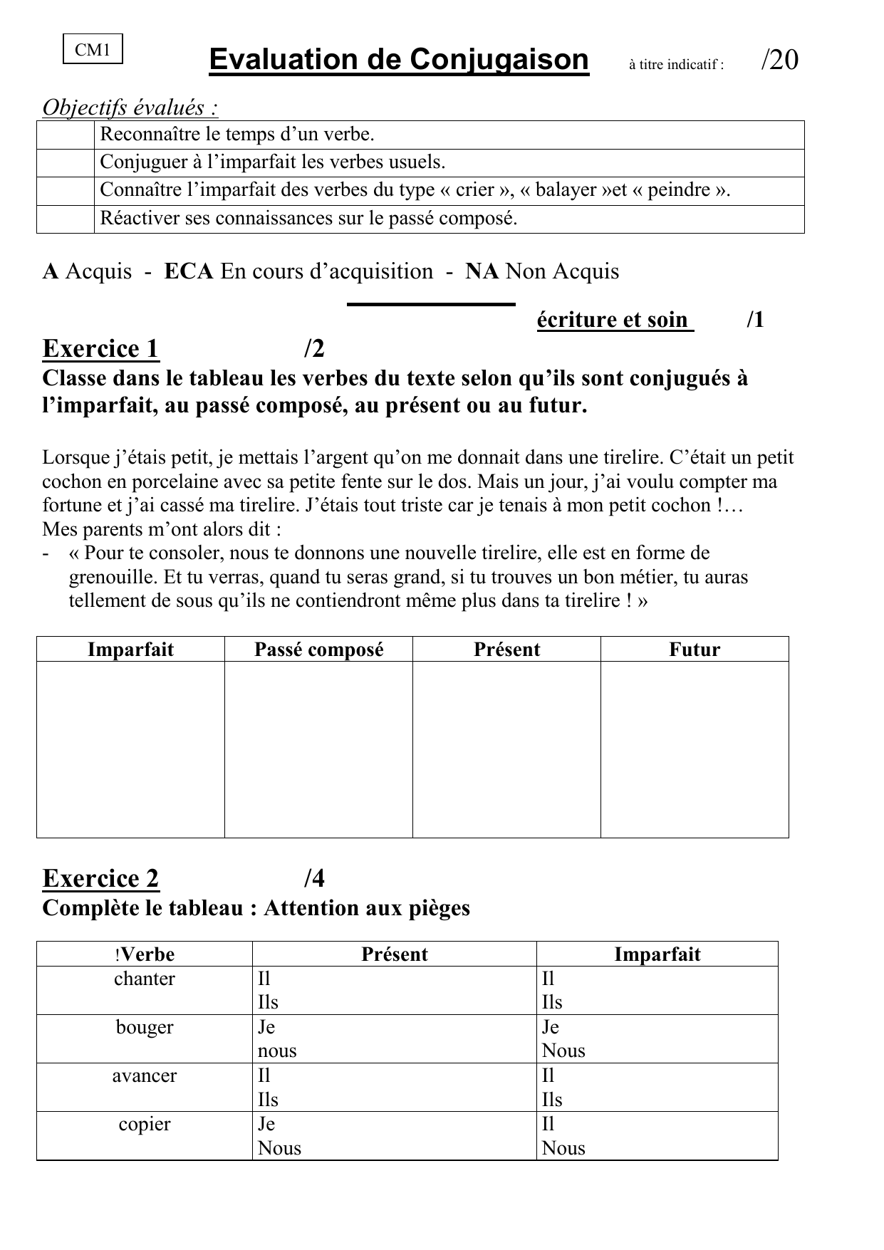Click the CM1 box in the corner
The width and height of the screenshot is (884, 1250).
pyautogui.click(x=93, y=50)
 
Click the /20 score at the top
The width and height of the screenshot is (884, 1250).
pyautogui.click(x=779, y=61)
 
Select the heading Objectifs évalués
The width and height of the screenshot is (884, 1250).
pyautogui.click(x=130, y=108)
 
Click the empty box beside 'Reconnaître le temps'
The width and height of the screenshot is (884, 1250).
pyautogui.click(x=66, y=135)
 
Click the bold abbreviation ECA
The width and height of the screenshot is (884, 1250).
pyautogui.click(x=189, y=271)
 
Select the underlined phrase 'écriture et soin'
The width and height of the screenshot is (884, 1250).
pyautogui.click(x=614, y=320)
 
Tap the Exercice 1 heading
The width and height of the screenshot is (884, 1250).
pyautogui.click(x=100, y=349)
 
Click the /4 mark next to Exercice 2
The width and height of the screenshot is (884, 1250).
pyautogui.click(x=313, y=879)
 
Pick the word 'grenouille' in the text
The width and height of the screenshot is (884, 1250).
pyautogui.click(x=113, y=577)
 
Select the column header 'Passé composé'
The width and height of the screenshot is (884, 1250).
pyautogui.click(x=318, y=650)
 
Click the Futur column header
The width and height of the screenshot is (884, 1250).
pyautogui.click(x=695, y=650)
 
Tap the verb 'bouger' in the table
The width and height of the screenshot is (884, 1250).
pyautogui.click(x=145, y=1028)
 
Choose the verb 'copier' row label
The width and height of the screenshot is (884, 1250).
pyautogui.click(x=145, y=1125)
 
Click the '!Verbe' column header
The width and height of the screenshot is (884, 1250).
pyautogui.click(x=144, y=954)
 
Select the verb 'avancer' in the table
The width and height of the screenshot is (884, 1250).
pyautogui.click(x=145, y=1076)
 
